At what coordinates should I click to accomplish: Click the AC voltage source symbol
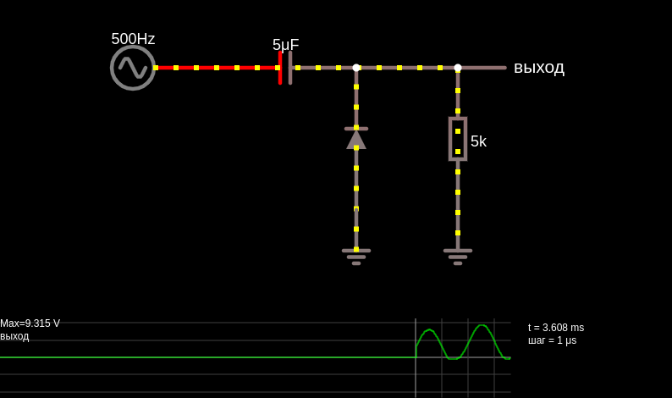(133, 68)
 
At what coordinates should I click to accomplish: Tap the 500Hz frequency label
(133, 39)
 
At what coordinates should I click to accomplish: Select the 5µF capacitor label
(285, 45)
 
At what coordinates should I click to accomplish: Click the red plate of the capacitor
(280, 68)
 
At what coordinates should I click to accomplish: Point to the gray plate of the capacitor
(290, 68)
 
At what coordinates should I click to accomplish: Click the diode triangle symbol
(356, 140)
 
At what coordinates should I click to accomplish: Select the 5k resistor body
(458, 139)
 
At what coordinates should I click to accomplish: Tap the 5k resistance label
(478, 141)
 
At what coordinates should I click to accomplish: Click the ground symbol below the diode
(356, 257)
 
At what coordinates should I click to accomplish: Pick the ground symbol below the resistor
(458, 257)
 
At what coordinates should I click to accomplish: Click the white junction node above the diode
(356, 68)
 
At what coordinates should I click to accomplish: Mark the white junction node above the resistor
(458, 68)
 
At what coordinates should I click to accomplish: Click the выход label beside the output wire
(539, 69)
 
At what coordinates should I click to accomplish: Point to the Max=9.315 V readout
(30, 323)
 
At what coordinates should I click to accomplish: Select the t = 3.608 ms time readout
(556, 328)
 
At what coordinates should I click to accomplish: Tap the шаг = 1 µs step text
(552, 340)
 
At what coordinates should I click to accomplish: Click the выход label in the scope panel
(14, 336)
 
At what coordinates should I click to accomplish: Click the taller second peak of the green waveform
(482, 325)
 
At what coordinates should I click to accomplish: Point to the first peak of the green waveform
(430, 329)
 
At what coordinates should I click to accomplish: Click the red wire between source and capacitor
(218, 68)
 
